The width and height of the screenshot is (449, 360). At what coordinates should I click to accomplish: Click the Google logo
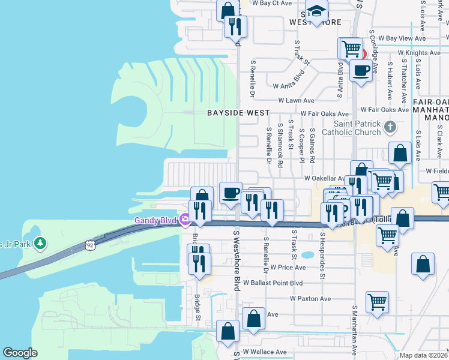pos(20,353)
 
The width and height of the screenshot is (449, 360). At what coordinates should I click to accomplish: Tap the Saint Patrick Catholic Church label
pos(351,128)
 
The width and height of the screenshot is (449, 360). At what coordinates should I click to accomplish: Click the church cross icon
pos(390,127)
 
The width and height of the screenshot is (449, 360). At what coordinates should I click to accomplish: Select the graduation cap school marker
pos(316,12)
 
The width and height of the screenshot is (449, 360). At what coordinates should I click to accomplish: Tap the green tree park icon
pos(40,243)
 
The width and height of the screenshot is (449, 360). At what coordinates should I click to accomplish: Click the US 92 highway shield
pos(90,245)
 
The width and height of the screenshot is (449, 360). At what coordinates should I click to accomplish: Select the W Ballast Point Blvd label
pos(272,283)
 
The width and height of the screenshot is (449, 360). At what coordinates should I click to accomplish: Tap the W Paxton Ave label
pos(310,298)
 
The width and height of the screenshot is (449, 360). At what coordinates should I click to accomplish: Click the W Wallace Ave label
pos(264,352)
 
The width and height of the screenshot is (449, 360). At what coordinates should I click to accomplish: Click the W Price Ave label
pos(288,267)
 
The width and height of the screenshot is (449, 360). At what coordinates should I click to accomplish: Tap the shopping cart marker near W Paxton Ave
pos(377,302)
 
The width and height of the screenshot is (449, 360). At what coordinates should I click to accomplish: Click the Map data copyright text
pos(423,355)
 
